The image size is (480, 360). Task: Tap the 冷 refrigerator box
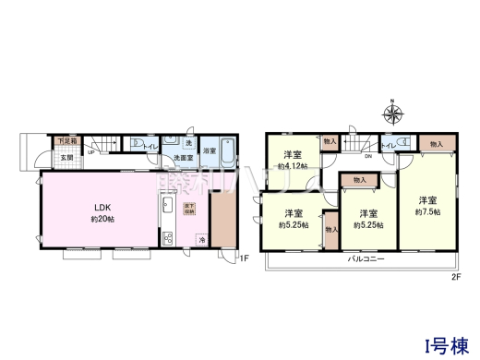(x=202, y=240)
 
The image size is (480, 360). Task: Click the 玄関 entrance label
(x=66, y=157)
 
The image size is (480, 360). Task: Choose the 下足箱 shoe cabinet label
(x=67, y=141)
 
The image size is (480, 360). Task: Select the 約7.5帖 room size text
(x=426, y=212)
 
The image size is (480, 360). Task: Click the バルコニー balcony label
(x=366, y=260)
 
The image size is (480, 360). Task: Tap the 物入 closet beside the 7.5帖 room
(x=436, y=145)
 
